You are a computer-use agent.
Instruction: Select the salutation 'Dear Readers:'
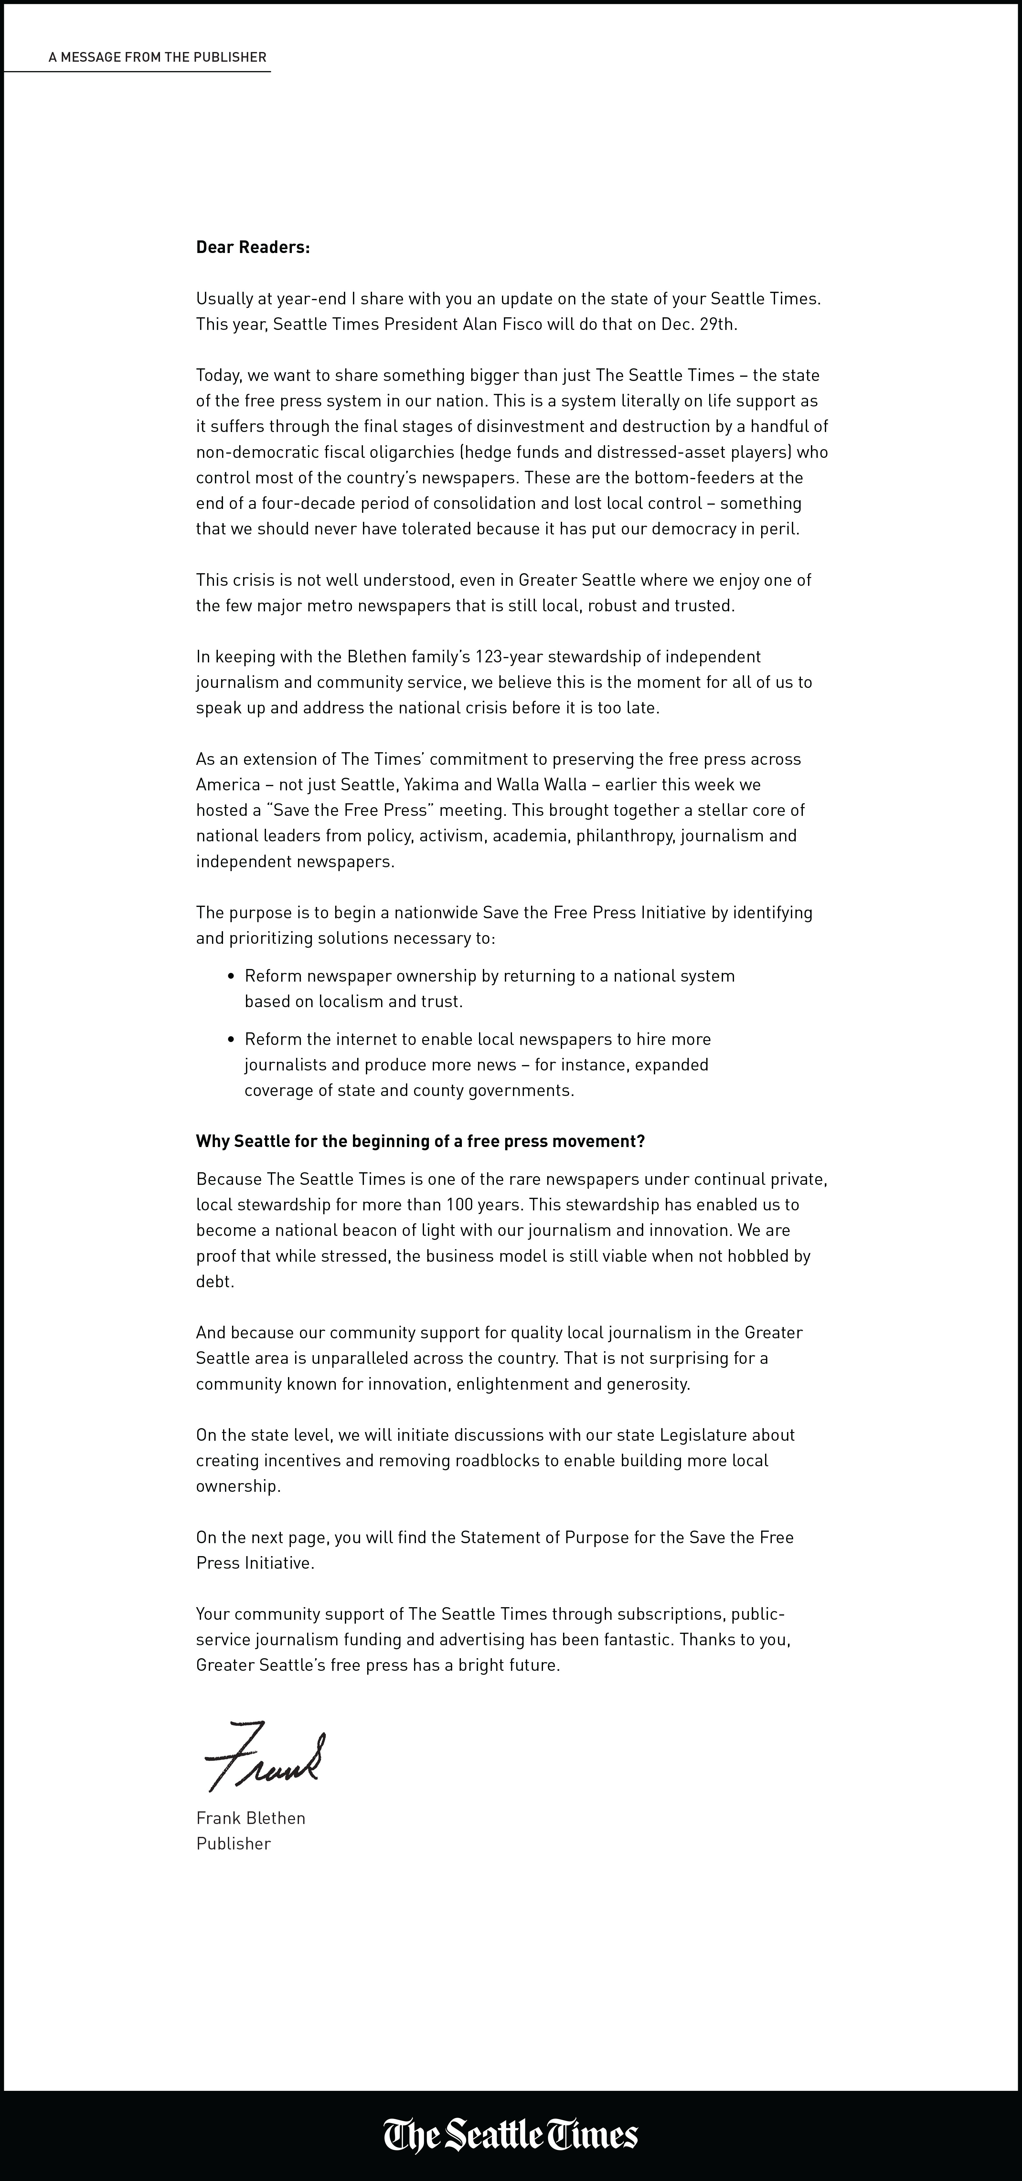[253, 247]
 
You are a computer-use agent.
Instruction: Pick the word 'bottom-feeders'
[693, 478]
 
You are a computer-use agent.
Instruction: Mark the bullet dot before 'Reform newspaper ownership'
[231, 976]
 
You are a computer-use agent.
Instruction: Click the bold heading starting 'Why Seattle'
[420, 1141]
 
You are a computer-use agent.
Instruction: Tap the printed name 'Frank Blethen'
[250, 1818]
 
